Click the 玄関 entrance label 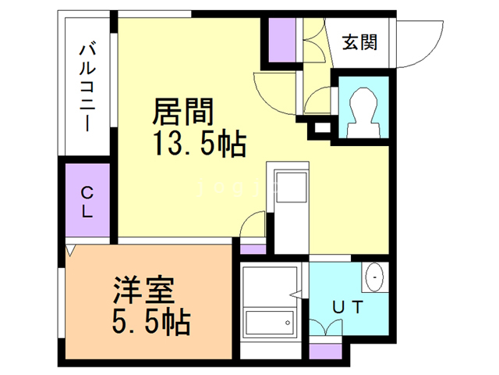pyautogui.click(x=359, y=43)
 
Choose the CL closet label pyautogui.click(x=88, y=201)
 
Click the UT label pyautogui.click(x=349, y=307)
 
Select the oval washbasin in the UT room pyautogui.click(x=373, y=277)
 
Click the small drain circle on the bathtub pyautogui.click(x=287, y=322)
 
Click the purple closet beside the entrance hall pyautogui.click(x=281, y=38)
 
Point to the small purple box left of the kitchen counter pyautogui.click(x=252, y=249)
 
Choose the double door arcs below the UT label pyautogui.click(x=326, y=329)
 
